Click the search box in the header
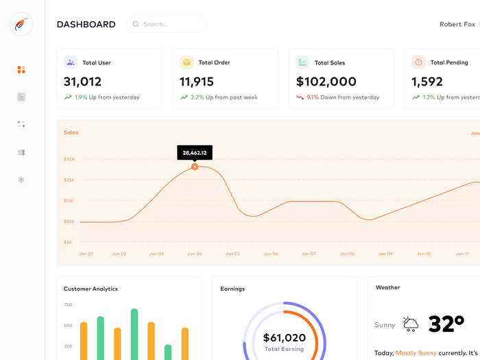pyautogui.click(x=166, y=24)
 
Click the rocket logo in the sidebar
pyautogui.click(x=21, y=25)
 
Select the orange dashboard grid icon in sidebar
pyautogui.click(x=21, y=69)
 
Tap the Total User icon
pyautogui.click(x=71, y=62)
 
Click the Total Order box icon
pyautogui.click(x=187, y=62)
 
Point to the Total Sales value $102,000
pyautogui.click(x=326, y=82)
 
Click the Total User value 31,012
pyautogui.click(x=83, y=82)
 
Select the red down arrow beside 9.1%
pyautogui.click(x=300, y=97)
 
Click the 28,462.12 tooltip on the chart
pyautogui.click(x=195, y=152)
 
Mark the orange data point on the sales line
pyautogui.click(x=195, y=167)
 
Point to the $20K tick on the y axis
pyautogui.click(x=69, y=159)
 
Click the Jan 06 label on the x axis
pyautogui.click(x=271, y=254)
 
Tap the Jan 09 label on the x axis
pyautogui.click(x=385, y=254)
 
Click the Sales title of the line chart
pyautogui.click(x=71, y=132)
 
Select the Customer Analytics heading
pyautogui.click(x=91, y=289)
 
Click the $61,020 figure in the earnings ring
pyautogui.click(x=285, y=337)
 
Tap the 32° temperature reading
pyautogui.click(x=451, y=324)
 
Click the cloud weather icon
pyautogui.click(x=411, y=324)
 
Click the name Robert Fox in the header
pyautogui.click(x=457, y=24)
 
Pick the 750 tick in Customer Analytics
pyautogui.click(x=68, y=304)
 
